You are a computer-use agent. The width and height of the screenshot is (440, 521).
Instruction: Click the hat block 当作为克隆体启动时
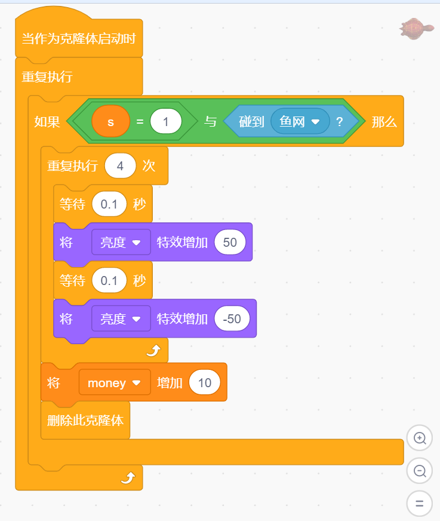point(78,39)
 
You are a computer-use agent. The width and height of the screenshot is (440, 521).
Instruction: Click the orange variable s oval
point(110,122)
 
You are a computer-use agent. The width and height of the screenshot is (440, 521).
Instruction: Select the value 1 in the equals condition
point(166,122)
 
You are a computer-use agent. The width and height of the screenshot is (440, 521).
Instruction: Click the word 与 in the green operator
point(210,122)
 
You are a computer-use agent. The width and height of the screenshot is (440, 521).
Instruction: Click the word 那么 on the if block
point(384,122)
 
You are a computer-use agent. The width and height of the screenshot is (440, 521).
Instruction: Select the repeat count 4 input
point(120,166)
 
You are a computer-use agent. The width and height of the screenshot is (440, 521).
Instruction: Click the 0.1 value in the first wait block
point(109,204)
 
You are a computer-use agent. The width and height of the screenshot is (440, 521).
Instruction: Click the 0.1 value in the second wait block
point(109,280)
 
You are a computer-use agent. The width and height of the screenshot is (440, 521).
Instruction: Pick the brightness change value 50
point(229,242)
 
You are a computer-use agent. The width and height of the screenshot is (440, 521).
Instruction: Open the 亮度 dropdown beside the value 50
point(121,242)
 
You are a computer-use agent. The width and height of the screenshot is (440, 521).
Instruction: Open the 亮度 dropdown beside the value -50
point(121,318)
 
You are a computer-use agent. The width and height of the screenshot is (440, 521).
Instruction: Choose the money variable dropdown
point(114,383)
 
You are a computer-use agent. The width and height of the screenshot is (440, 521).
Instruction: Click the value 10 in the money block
point(204,383)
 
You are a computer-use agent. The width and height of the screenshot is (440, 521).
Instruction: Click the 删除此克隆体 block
point(85,420)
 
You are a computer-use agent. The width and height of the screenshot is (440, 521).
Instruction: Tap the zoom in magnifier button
point(419,438)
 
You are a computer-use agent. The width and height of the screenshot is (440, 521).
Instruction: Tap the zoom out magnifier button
point(419,471)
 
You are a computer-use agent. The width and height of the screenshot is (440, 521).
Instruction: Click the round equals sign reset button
point(419,503)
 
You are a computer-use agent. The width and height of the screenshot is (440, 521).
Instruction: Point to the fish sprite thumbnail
point(416,27)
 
